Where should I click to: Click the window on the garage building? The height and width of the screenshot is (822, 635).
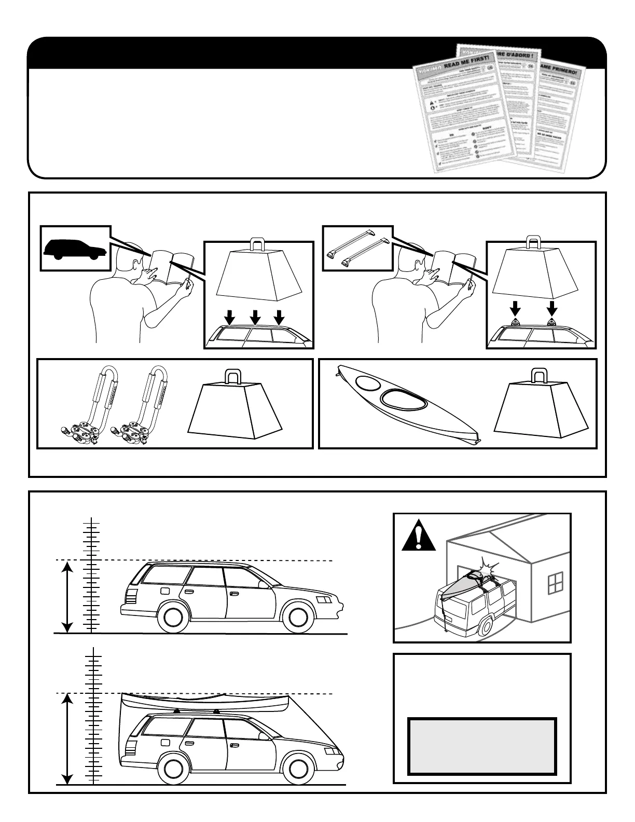pyautogui.click(x=555, y=582)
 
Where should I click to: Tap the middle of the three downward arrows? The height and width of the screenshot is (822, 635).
pyautogui.click(x=254, y=316)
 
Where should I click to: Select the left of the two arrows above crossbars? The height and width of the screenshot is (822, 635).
pyautogui.click(x=515, y=309)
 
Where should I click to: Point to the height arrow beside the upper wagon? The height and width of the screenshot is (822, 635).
pyautogui.click(x=66, y=597)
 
